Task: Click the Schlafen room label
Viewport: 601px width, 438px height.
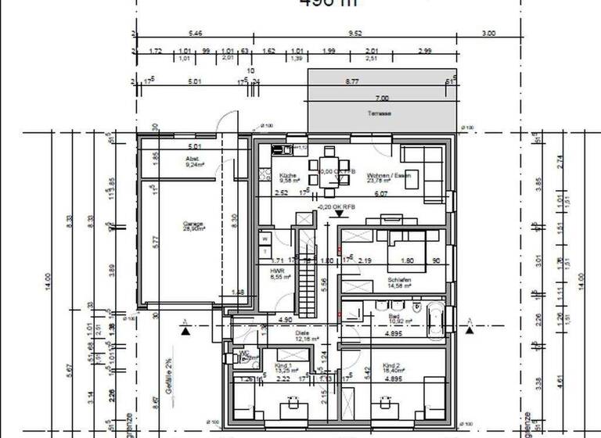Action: point(398,278)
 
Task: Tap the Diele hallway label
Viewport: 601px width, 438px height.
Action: point(302,333)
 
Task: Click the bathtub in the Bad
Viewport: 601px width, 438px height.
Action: point(435,320)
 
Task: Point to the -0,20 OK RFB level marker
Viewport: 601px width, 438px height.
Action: point(338,206)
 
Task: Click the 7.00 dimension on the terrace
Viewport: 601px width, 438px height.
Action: point(381,99)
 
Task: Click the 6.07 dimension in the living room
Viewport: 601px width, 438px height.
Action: point(381,193)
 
